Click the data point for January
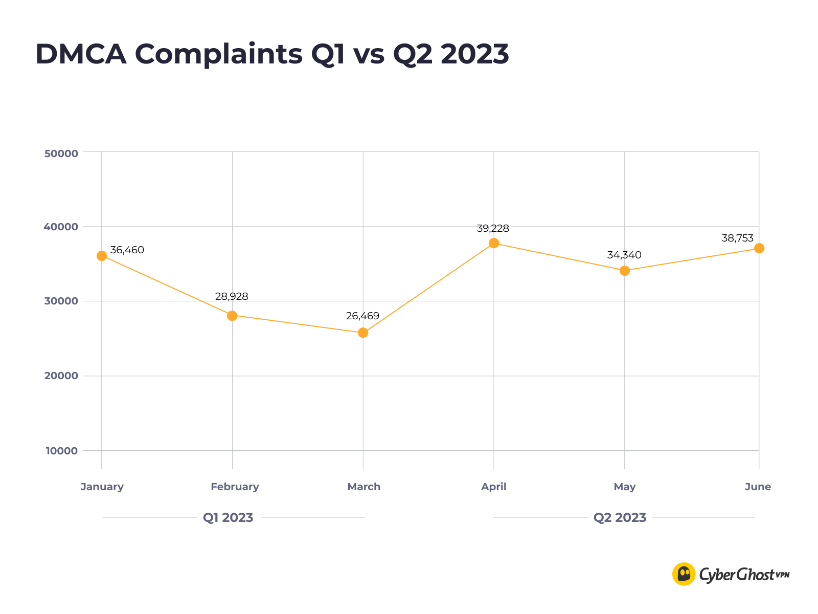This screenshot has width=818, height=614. click(x=102, y=256)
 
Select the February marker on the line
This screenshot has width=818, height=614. click(x=232, y=316)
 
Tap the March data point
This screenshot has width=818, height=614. click(x=363, y=333)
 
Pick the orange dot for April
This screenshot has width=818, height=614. click(x=494, y=243)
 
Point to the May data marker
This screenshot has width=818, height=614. click(x=625, y=271)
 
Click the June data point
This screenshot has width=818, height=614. click(x=759, y=248)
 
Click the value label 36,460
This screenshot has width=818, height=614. click(x=127, y=250)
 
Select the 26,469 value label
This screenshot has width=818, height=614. click(x=362, y=316)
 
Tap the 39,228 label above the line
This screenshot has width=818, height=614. click(x=493, y=229)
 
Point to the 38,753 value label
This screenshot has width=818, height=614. click(x=737, y=238)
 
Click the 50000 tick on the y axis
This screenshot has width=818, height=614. click(x=61, y=153)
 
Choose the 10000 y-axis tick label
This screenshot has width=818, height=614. click(x=61, y=451)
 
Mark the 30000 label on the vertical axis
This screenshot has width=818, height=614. click(x=61, y=301)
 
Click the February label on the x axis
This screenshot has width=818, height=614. click(x=235, y=487)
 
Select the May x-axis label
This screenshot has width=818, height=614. click(x=624, y=487)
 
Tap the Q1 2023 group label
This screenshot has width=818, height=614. click(x=228, y=518)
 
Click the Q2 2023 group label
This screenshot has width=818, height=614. click(x=620, y=518)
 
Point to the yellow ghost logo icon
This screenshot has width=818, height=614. click(x=684, y=574)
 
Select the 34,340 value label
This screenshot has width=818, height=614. click(x=624, y=255)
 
